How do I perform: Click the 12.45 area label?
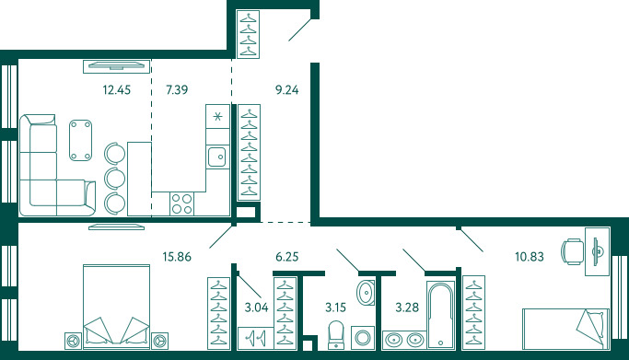(116, 90)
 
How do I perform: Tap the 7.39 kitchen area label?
(177, 90)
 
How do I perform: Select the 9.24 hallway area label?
(286, 90)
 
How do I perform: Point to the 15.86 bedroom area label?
(177, 257)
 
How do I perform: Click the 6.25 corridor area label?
(287, 257)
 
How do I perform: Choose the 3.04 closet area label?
(256, 308)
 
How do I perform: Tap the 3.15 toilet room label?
(335, 308)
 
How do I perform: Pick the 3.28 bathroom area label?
(407, 308)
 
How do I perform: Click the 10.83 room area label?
(530, 257)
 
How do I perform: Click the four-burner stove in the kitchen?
(181, 203)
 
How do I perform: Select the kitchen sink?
(216, 157)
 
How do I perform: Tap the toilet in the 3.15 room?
(336, 335)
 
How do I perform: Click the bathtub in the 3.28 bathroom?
(440, 315)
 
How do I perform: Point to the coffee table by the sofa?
(81, 140)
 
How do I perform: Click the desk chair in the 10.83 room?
(573, 251)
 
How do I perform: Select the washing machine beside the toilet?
(363, 338)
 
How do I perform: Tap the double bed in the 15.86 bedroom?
(116, 307)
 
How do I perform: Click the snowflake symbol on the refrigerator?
(217, 117)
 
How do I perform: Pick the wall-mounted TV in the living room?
(116, 66)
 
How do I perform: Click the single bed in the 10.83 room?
(565, 329)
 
